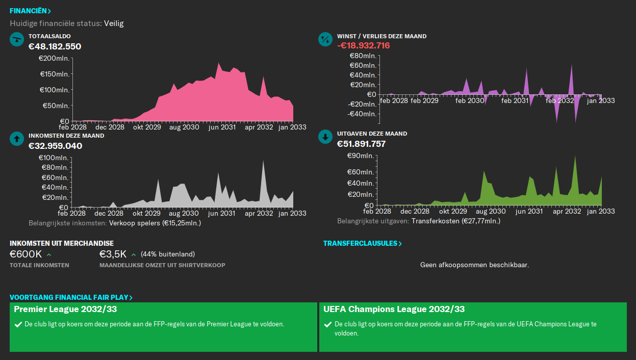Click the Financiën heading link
[x=30, y=11]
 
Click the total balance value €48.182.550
[x=55, y=46]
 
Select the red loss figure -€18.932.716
[x=363, y=45]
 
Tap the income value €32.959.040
[x=55, y=146]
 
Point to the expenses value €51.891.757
[x=361, y=144]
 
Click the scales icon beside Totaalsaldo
[x=17, y=39]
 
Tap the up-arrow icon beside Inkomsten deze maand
[x=17, y=138]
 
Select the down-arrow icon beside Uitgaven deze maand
[x=325, y=137]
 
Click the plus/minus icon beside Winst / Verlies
[x=325, y=39]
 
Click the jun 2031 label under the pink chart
[x=221, y=127]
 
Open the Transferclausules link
[x=362, y=243]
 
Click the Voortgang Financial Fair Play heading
[x=71, y=297]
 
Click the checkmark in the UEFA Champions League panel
[x=328, y=324]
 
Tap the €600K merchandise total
[x=26, y=254]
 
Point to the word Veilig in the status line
[x=114, y=23]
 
